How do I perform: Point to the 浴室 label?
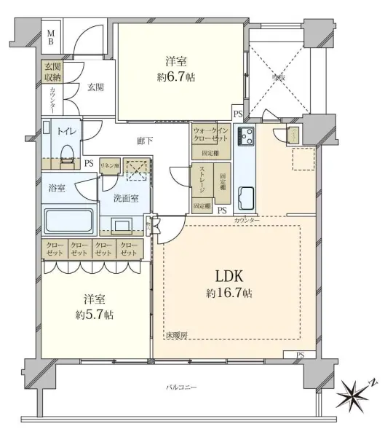tap(57, 188)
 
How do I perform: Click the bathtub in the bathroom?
tap(67, 220)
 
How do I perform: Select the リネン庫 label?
tap(108, 166)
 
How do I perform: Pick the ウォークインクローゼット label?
tap(211, 134)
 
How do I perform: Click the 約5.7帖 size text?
tap(93, 315)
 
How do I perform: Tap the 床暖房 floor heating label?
tap(176, 336)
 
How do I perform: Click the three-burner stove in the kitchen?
tap(245, 136)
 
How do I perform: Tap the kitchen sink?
tap(245, 196)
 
